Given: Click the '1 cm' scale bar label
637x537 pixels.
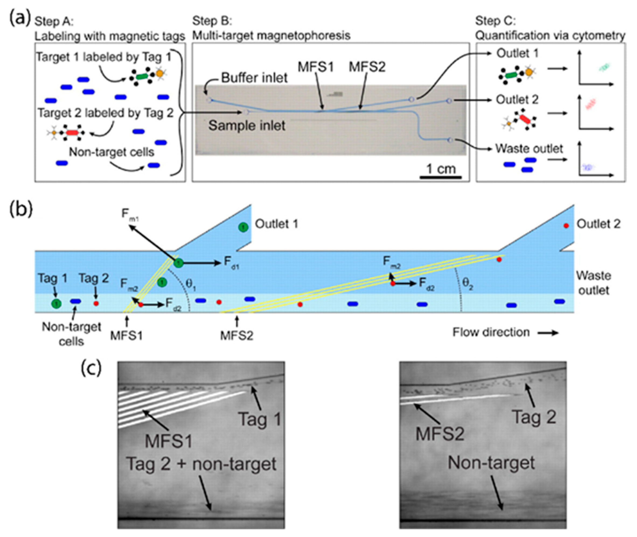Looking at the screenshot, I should click(x=441, y=169).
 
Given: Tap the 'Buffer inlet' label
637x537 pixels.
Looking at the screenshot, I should click(x=254, y=78).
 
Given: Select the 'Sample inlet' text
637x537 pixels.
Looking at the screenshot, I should click(x=247, y=125).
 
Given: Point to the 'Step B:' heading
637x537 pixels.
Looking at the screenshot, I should click(x=212, y=21).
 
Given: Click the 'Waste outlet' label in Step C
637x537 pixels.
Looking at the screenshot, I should click(x=529, y=149).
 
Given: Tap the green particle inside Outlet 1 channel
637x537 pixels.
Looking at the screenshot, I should click(x=243, y=227).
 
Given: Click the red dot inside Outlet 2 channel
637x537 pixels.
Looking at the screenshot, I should click(x=566, y=225).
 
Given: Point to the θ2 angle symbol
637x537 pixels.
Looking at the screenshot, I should click(x=468, y=284).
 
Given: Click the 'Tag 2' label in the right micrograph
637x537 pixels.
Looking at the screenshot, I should click(x=534, y=417).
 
